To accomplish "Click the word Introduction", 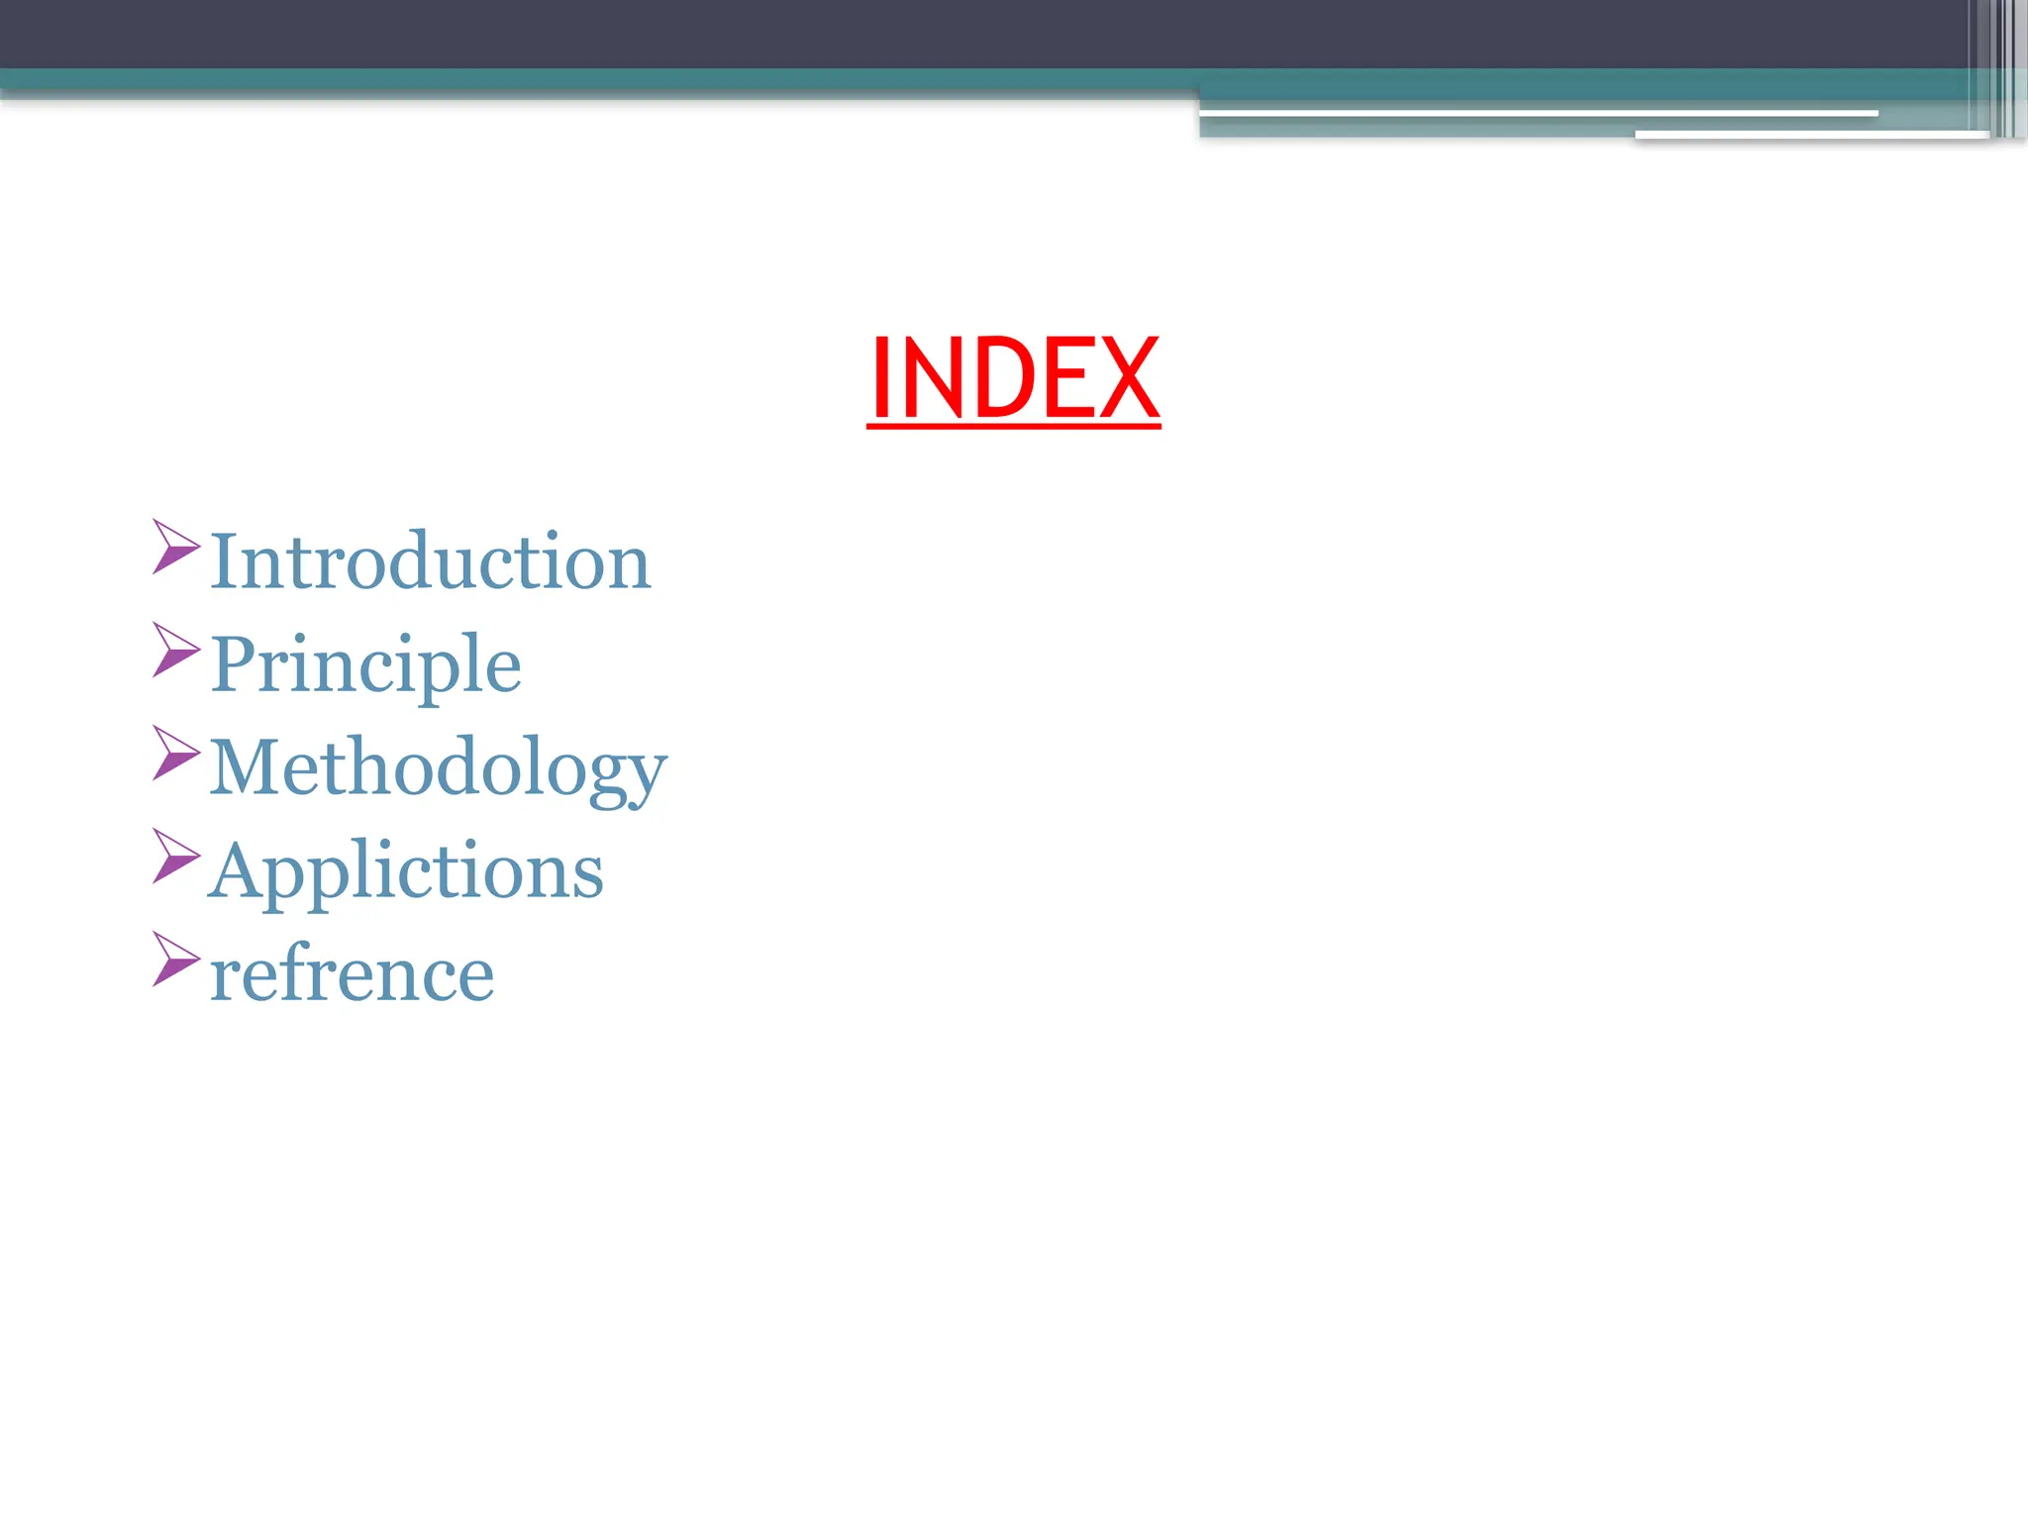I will [x=431, y=561].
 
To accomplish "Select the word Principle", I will [x=365, y=664].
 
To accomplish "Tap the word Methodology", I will [x=439, y=767].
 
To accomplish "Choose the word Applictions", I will [x=406, y=870].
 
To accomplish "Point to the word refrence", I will [x=352, y=973].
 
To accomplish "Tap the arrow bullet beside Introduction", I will [x=175, y=547].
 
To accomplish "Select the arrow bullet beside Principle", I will [x=175, y=650].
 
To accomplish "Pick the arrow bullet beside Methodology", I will [x=175, y=753].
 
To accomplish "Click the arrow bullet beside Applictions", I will [x=175, y=856].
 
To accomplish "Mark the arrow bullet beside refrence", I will [x=175, y=959].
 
